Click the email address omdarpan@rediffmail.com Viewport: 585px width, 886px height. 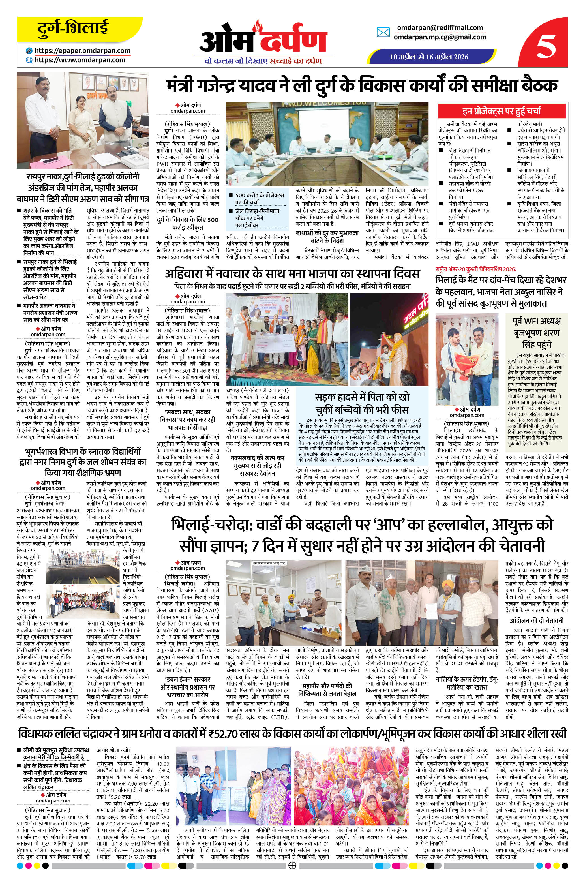pyautogui.click(x=440, y=28)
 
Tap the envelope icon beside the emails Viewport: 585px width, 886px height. pyautogui.click(x=383, y=33)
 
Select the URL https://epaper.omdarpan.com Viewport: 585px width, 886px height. pyautogui.click(x=82, y=51)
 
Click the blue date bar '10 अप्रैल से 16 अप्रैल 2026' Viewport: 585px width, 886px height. pyautogui.click(x=429, y=57)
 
